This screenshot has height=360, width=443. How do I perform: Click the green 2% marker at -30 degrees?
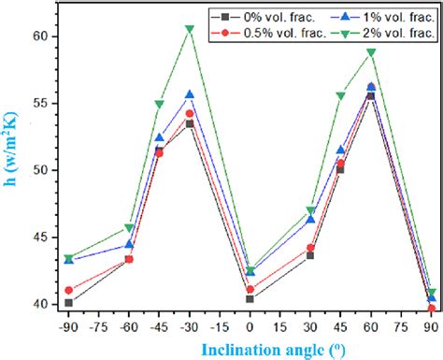tap(190, 29)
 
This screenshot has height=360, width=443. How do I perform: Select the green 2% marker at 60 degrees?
tap(370, 52)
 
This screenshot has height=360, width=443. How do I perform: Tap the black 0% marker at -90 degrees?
tap(69, 303)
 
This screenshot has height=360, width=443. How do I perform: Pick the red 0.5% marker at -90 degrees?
tap(69, 290)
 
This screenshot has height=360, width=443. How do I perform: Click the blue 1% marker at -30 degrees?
tap(190, 94)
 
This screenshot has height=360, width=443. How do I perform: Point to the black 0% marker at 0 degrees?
tap(250, 299)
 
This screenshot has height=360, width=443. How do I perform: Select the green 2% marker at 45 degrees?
tap(340, 95)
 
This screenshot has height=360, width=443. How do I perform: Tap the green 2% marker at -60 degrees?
tap(129, 228)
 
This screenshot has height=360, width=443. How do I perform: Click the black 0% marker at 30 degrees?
tap(310, 255)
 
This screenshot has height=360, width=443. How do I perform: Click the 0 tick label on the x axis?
tap(250, 328)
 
